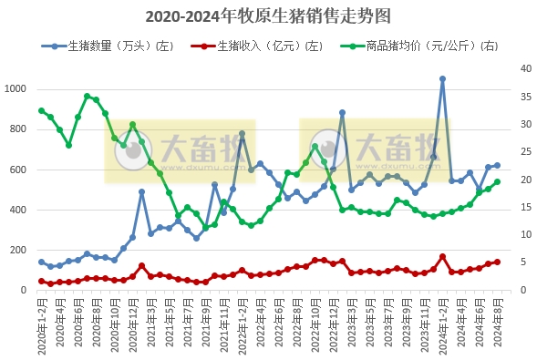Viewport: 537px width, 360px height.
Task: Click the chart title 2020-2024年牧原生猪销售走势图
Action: (x=268, y=16)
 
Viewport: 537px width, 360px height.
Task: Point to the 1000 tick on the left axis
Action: (x=17, y=89)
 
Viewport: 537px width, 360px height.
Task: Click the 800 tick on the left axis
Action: (x=20, y=129)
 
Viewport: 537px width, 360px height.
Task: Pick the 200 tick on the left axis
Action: (x=20, y=251)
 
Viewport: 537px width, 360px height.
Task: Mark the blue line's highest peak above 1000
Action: (x=442, y=79)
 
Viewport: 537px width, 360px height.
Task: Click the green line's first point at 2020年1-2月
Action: (x=41, y=111)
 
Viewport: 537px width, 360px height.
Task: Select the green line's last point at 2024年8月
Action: (x=497, y=182)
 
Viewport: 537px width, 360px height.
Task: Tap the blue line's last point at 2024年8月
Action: (x=497, y=166)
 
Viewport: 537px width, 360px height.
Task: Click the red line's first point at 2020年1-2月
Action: (x=41, y=282)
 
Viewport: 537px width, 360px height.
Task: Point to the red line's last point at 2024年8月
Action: (x=497, y=262)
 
